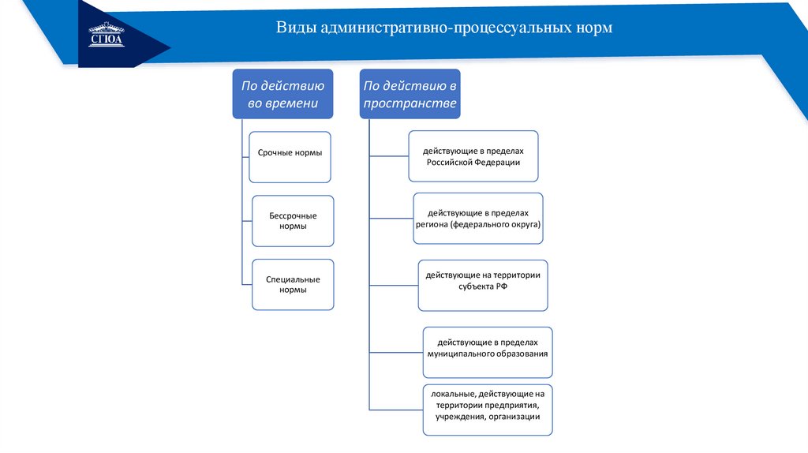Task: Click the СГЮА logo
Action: click(107, 35)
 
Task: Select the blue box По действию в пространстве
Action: click(410, 94)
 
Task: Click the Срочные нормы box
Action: click(290, 155)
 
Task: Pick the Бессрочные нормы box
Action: click(293, 221)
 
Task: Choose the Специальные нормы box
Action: click(293, 284)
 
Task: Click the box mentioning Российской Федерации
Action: click(473, 156)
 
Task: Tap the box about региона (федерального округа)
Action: click(478, 219)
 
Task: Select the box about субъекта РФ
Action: click(483, 285)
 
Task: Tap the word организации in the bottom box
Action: click(514, 417)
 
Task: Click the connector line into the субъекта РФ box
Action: click(393, 285)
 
